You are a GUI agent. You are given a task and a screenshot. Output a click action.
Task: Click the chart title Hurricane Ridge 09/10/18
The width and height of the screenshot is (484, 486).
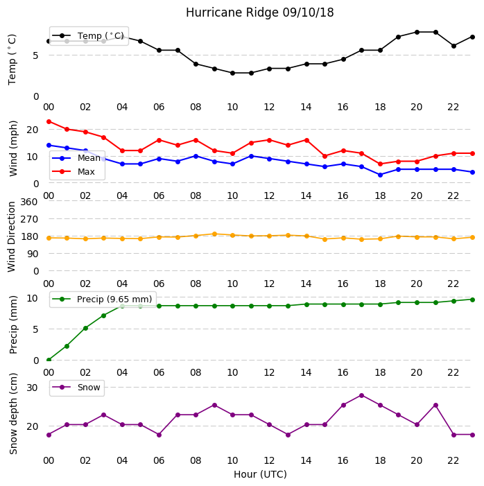260,12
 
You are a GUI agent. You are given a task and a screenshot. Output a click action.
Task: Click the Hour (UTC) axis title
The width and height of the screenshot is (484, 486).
260,474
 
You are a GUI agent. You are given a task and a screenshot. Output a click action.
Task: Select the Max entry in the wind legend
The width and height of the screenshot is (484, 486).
74,171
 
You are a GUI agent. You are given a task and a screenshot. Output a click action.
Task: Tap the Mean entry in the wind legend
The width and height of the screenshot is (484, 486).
76,158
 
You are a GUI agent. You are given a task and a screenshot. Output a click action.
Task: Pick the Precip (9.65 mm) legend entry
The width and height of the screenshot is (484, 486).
102,299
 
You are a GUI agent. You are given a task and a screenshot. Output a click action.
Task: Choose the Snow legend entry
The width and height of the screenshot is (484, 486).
76,388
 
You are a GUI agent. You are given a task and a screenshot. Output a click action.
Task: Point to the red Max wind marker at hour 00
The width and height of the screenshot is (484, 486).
49,121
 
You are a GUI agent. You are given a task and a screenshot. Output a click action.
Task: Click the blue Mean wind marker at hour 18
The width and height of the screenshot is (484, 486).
380,175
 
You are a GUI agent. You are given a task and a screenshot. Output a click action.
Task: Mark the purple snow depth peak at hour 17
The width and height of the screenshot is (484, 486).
361,395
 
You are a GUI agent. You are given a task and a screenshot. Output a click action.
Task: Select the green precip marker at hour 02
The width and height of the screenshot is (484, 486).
85,328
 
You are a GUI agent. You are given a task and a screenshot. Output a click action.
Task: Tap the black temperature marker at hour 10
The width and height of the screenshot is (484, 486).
232,73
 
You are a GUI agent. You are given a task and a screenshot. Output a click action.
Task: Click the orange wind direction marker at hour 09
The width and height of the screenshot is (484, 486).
214,234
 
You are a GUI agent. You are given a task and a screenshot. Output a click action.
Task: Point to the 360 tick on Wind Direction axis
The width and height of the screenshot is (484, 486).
29,202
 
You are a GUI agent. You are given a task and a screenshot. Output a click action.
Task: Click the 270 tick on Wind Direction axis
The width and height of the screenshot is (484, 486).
29,219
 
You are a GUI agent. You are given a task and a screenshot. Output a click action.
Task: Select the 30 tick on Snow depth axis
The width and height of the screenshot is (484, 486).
32,388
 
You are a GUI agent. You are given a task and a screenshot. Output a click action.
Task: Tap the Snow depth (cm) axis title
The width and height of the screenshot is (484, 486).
13,414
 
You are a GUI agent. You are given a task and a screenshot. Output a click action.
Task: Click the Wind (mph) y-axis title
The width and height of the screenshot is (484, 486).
13,149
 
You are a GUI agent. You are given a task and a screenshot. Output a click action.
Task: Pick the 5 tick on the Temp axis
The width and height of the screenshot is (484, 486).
35,55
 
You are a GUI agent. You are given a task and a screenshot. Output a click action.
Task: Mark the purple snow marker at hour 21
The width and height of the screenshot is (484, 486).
435,406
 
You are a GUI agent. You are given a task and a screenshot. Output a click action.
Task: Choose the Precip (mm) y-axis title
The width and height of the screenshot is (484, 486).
13,325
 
